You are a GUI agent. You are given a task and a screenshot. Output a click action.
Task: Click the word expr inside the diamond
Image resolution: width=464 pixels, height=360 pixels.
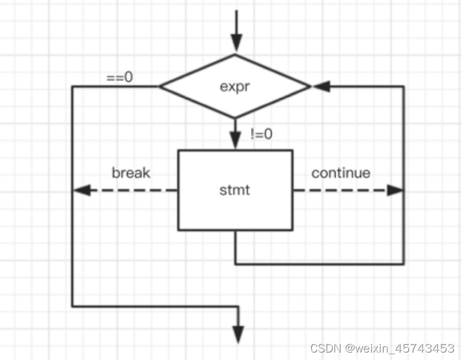pos(235,87)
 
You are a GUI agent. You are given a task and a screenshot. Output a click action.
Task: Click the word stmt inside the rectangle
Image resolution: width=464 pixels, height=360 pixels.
pos(235,189)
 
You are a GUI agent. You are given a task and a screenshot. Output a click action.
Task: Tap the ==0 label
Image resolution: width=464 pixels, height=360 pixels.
pos(120,78)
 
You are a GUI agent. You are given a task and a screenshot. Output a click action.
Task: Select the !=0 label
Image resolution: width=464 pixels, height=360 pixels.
pos(262,133)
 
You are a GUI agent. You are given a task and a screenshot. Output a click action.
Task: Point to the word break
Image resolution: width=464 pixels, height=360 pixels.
pos(131,173)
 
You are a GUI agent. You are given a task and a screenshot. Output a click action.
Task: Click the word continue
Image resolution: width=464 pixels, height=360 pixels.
pos(341,173)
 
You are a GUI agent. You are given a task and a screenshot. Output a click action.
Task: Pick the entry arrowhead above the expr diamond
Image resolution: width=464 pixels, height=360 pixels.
pos(235,44)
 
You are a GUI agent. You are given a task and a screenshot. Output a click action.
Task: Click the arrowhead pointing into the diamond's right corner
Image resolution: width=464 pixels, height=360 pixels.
pos(320,87)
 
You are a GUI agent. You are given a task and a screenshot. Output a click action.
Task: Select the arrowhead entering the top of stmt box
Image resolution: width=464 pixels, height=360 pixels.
pos(235,141)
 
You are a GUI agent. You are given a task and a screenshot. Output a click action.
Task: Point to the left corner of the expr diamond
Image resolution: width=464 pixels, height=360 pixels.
pos(161,87)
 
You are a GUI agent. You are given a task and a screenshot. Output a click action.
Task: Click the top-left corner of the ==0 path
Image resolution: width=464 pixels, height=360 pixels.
pos(72,87)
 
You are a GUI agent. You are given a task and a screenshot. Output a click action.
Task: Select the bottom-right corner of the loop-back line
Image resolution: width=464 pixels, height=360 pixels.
pos(404,264)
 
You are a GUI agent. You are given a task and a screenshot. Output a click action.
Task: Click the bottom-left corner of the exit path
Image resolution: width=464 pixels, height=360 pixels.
pos(72,306)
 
